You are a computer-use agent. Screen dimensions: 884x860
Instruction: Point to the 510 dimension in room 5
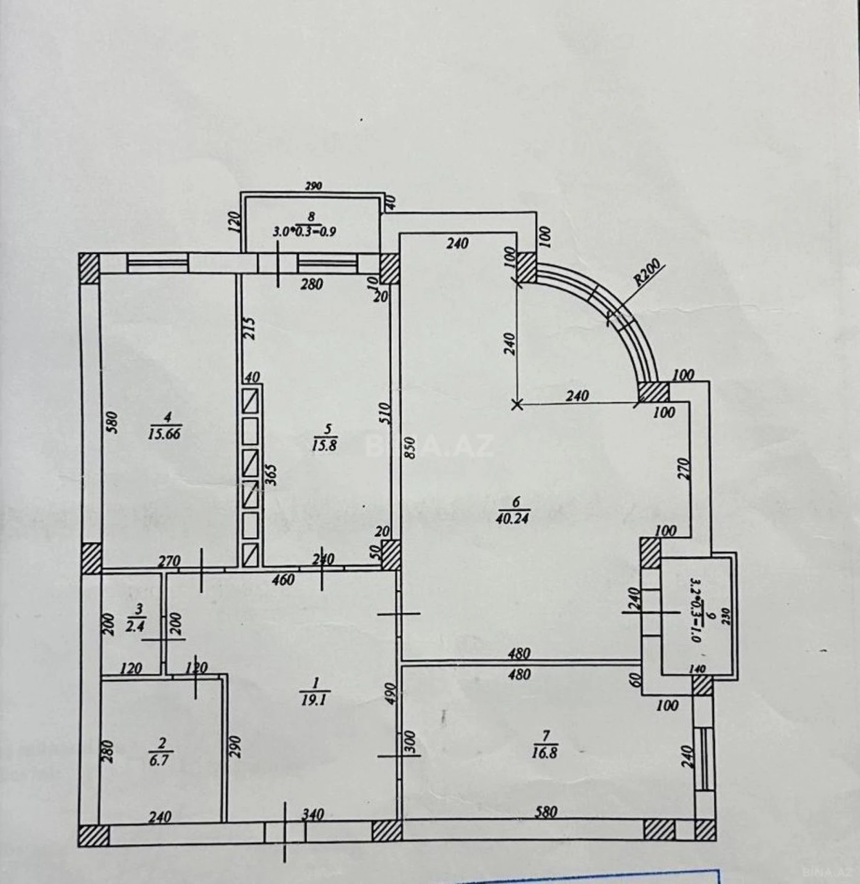[x=386, y=413]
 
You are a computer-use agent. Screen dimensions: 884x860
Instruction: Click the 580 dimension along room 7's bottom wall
[x=546, y=812]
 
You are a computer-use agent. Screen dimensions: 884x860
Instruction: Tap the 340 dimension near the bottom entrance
[x=312, y=814]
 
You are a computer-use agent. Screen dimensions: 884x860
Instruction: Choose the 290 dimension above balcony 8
[x=313, y=186]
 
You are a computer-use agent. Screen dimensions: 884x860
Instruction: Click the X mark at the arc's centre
[x=517, y=405]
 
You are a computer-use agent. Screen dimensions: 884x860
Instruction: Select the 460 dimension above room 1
[x=283, y=580]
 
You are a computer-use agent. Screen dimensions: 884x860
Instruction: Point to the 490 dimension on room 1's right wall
[x=391, y=692]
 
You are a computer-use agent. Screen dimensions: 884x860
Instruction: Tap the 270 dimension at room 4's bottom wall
[x=170, y=561]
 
